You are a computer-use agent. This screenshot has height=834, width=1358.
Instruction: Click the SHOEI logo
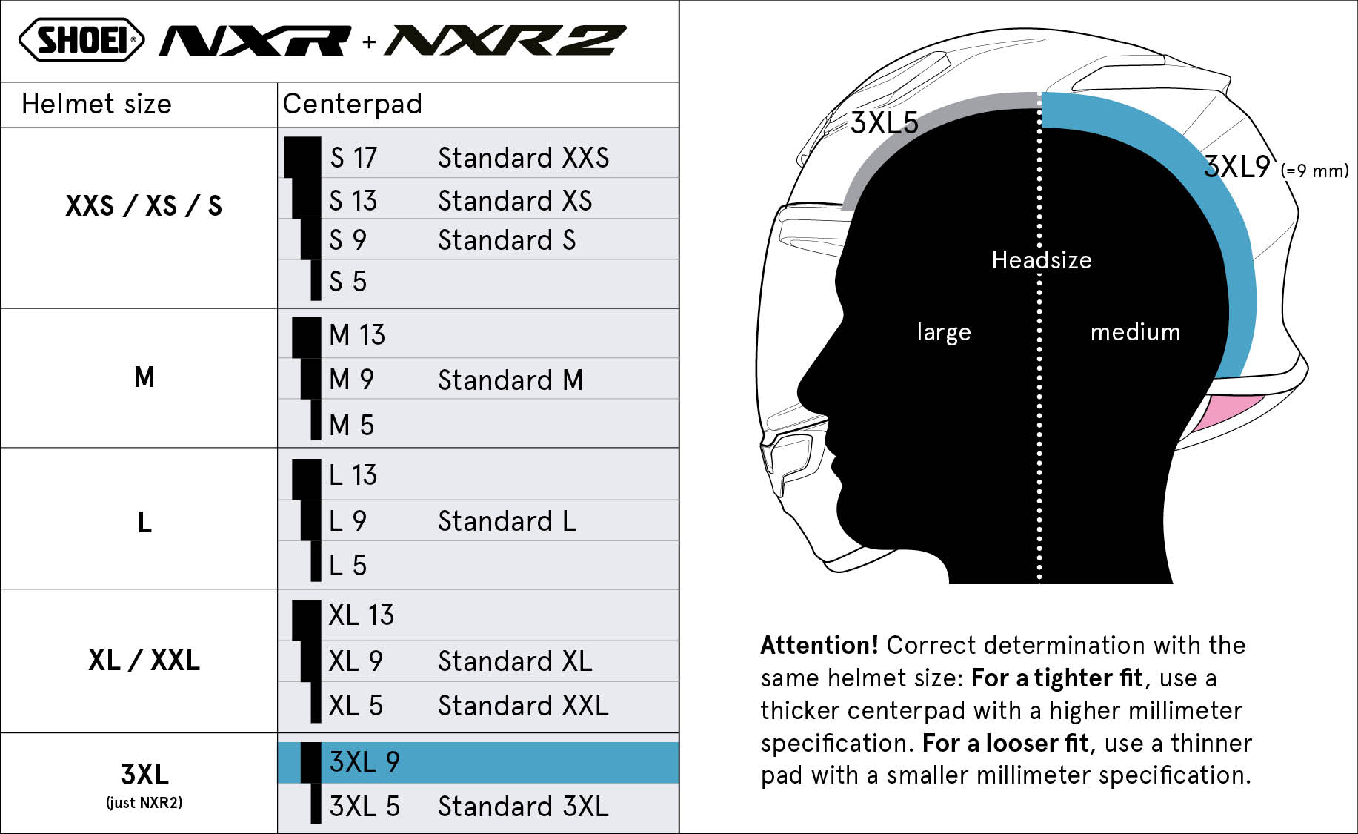coord(81,39)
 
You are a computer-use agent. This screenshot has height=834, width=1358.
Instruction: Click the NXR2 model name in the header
coord(505,40)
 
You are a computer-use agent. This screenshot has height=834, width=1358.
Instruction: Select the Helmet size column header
coord(96,104)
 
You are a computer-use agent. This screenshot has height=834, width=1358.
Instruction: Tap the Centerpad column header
coord(353,104)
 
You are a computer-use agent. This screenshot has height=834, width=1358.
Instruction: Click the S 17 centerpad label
coord(353,158)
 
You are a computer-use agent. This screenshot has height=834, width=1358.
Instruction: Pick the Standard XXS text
coord(523,158)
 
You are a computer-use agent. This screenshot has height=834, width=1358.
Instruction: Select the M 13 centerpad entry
coord(357,335)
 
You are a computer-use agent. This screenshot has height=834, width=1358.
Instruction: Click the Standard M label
coord(510,380)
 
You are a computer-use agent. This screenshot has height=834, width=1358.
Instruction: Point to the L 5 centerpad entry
coord(347,566)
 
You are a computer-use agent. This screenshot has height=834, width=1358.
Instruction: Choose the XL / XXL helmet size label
coord(144,660)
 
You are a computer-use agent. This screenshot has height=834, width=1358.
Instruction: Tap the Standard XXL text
coord(523,706)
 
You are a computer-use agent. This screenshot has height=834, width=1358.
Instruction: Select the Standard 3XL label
coord(523,807)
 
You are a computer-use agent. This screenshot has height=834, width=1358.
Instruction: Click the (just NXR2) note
coord(144,803)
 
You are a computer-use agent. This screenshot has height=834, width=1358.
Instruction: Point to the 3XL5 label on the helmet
coord(884,123)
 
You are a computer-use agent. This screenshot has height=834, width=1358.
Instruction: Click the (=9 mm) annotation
coord(1315,171)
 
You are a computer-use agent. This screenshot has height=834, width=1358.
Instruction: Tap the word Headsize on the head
coord(1042,260)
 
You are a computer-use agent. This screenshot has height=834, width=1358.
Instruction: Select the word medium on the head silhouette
coord(1135,332)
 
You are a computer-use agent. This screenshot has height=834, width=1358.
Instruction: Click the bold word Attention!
coord(819,646)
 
